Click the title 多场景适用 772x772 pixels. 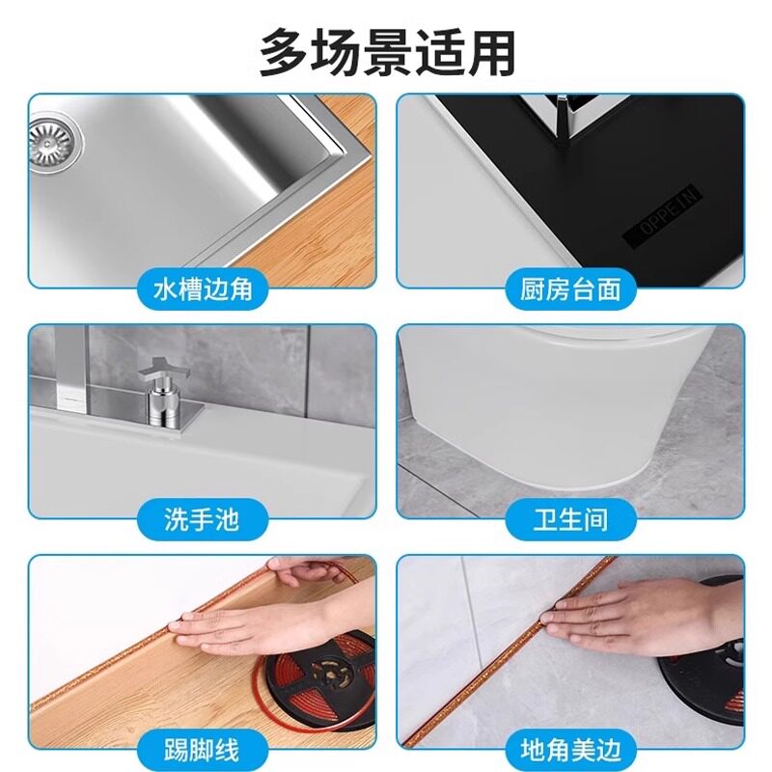(x=386, y=53)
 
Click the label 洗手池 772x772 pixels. (x=202, y=521)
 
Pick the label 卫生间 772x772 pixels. (x=570, y=521)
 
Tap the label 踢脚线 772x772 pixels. (x=202, y=749)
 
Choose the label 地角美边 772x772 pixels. (x=570, y=749)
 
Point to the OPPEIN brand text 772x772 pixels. (x=665, y=216)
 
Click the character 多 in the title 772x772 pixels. (x=284, y=53)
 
